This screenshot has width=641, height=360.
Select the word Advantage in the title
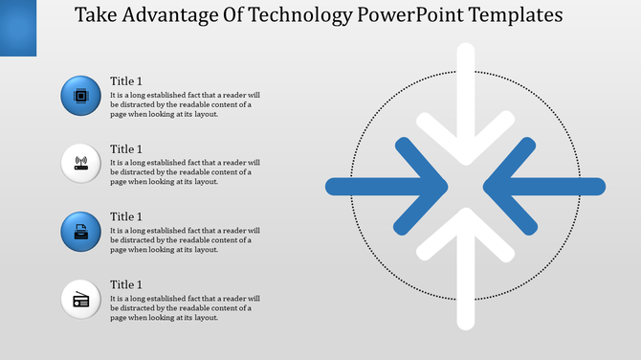(x=167, y=16)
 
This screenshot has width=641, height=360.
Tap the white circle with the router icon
(x=80, y=163)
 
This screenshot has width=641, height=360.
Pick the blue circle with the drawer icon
(x=80, y=231)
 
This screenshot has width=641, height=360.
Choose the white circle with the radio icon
(x=80, y=299)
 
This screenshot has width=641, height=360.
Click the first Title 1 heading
(x=126, y=81)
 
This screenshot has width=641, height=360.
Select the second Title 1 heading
(x=126, y=149)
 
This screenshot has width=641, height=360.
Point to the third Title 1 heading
(x=126, y=217)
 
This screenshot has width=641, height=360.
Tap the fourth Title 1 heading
(x=126, y=285)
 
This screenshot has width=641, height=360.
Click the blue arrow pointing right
(x=383, y=186)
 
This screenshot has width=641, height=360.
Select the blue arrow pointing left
(x=550, y=186)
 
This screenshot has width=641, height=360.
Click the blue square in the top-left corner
(x=17, y=27)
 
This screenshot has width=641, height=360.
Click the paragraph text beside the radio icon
(x=184, y=308)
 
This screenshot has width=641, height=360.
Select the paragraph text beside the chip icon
(x=184, y=104)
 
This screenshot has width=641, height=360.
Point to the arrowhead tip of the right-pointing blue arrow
(x=447, y=186)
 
